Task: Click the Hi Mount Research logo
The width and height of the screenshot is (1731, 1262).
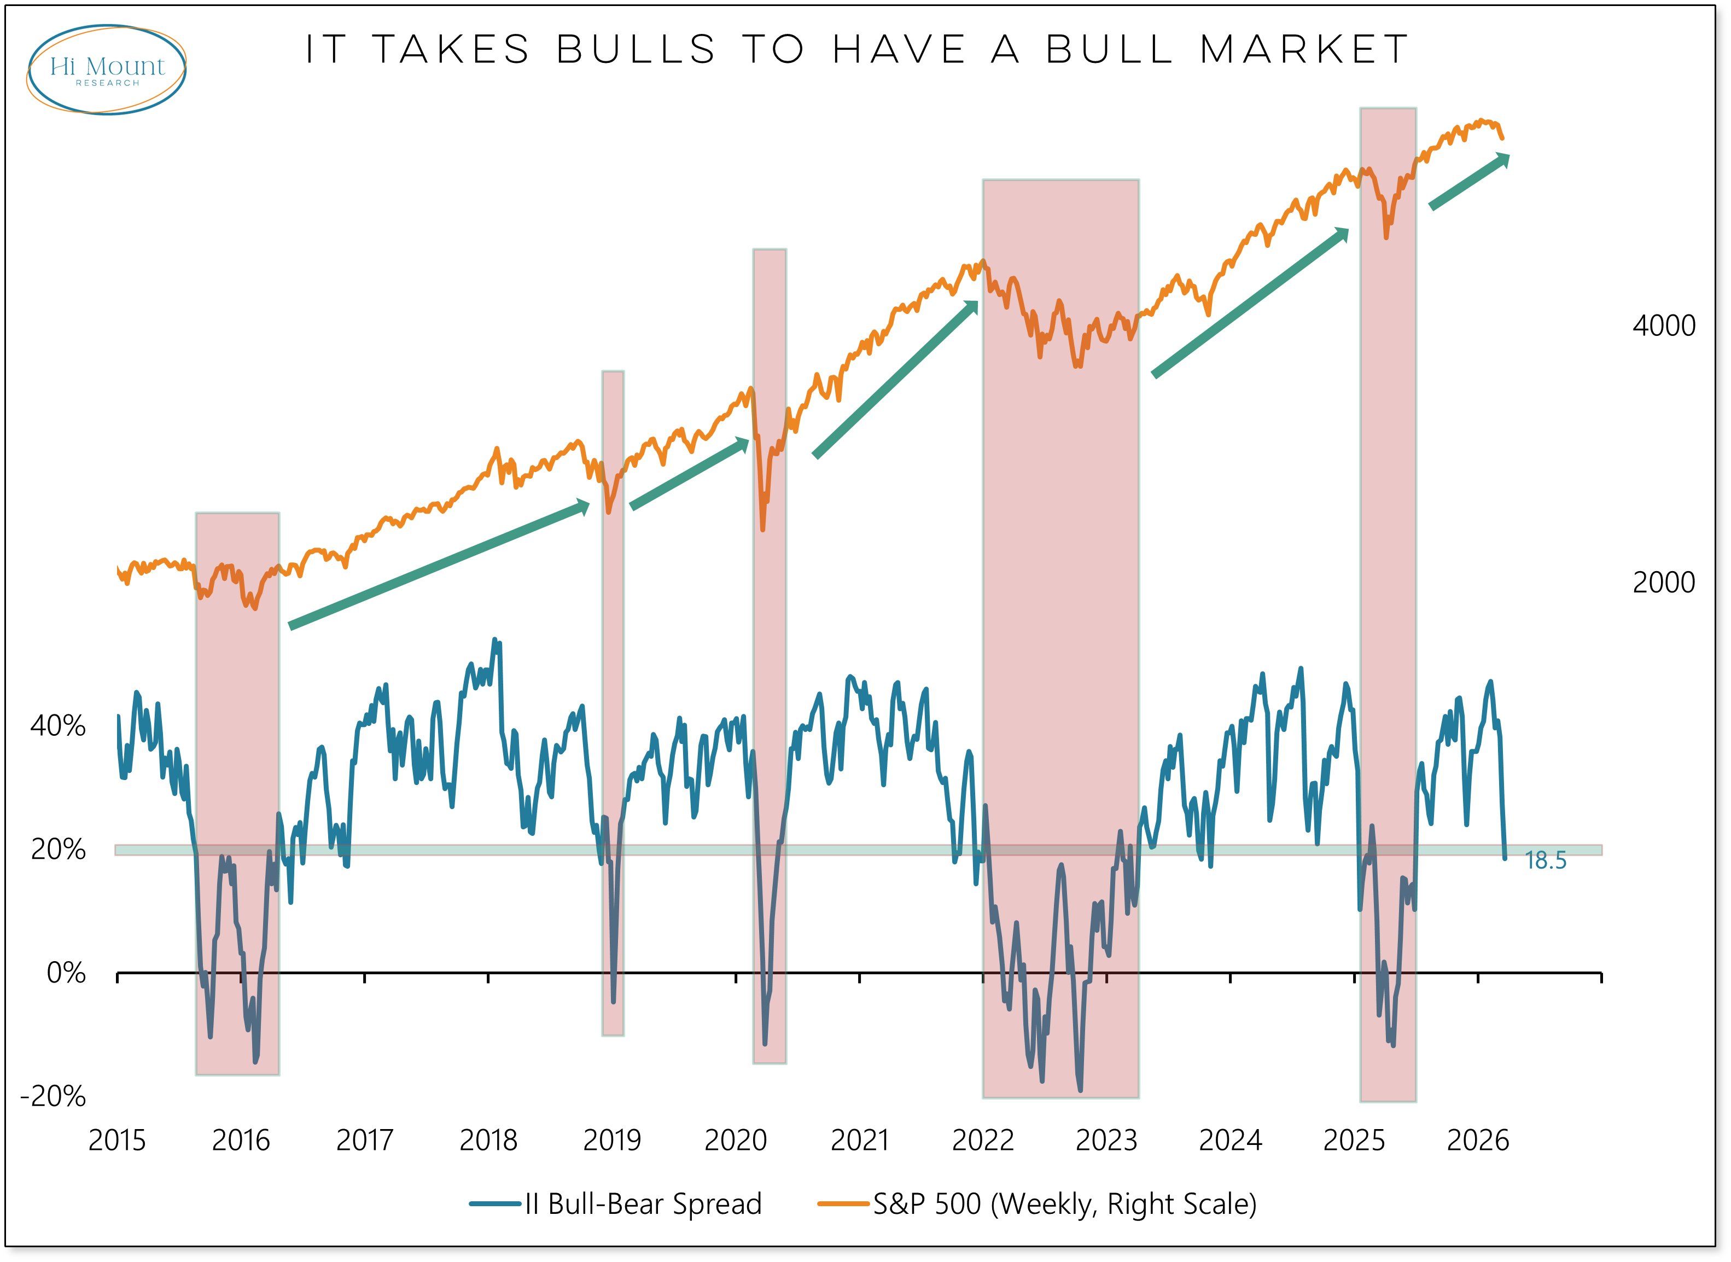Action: tap(107, 69)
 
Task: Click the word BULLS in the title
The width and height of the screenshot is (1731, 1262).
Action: tap(636, 50)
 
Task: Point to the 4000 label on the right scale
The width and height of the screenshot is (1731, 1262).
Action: tap(1663, 326)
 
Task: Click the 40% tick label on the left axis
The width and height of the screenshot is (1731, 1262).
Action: tap(58, 726)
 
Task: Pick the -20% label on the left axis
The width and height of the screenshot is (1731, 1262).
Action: tap(54, 1097)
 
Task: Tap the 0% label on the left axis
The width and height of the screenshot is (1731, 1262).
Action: tap(66, 973)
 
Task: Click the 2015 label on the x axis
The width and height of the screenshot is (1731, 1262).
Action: tap(117, 1141)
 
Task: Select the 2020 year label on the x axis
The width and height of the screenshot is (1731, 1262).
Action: tap(735, 1141)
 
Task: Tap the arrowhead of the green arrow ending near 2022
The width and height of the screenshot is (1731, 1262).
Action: tap(971, 308)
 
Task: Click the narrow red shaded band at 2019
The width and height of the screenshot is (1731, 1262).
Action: tap(613, 703)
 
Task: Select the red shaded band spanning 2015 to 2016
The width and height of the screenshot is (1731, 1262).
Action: tap(237, 794)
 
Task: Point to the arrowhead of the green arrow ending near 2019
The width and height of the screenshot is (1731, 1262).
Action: tap(582, 505)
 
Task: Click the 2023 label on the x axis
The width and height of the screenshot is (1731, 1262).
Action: tap(1106, 1141)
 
